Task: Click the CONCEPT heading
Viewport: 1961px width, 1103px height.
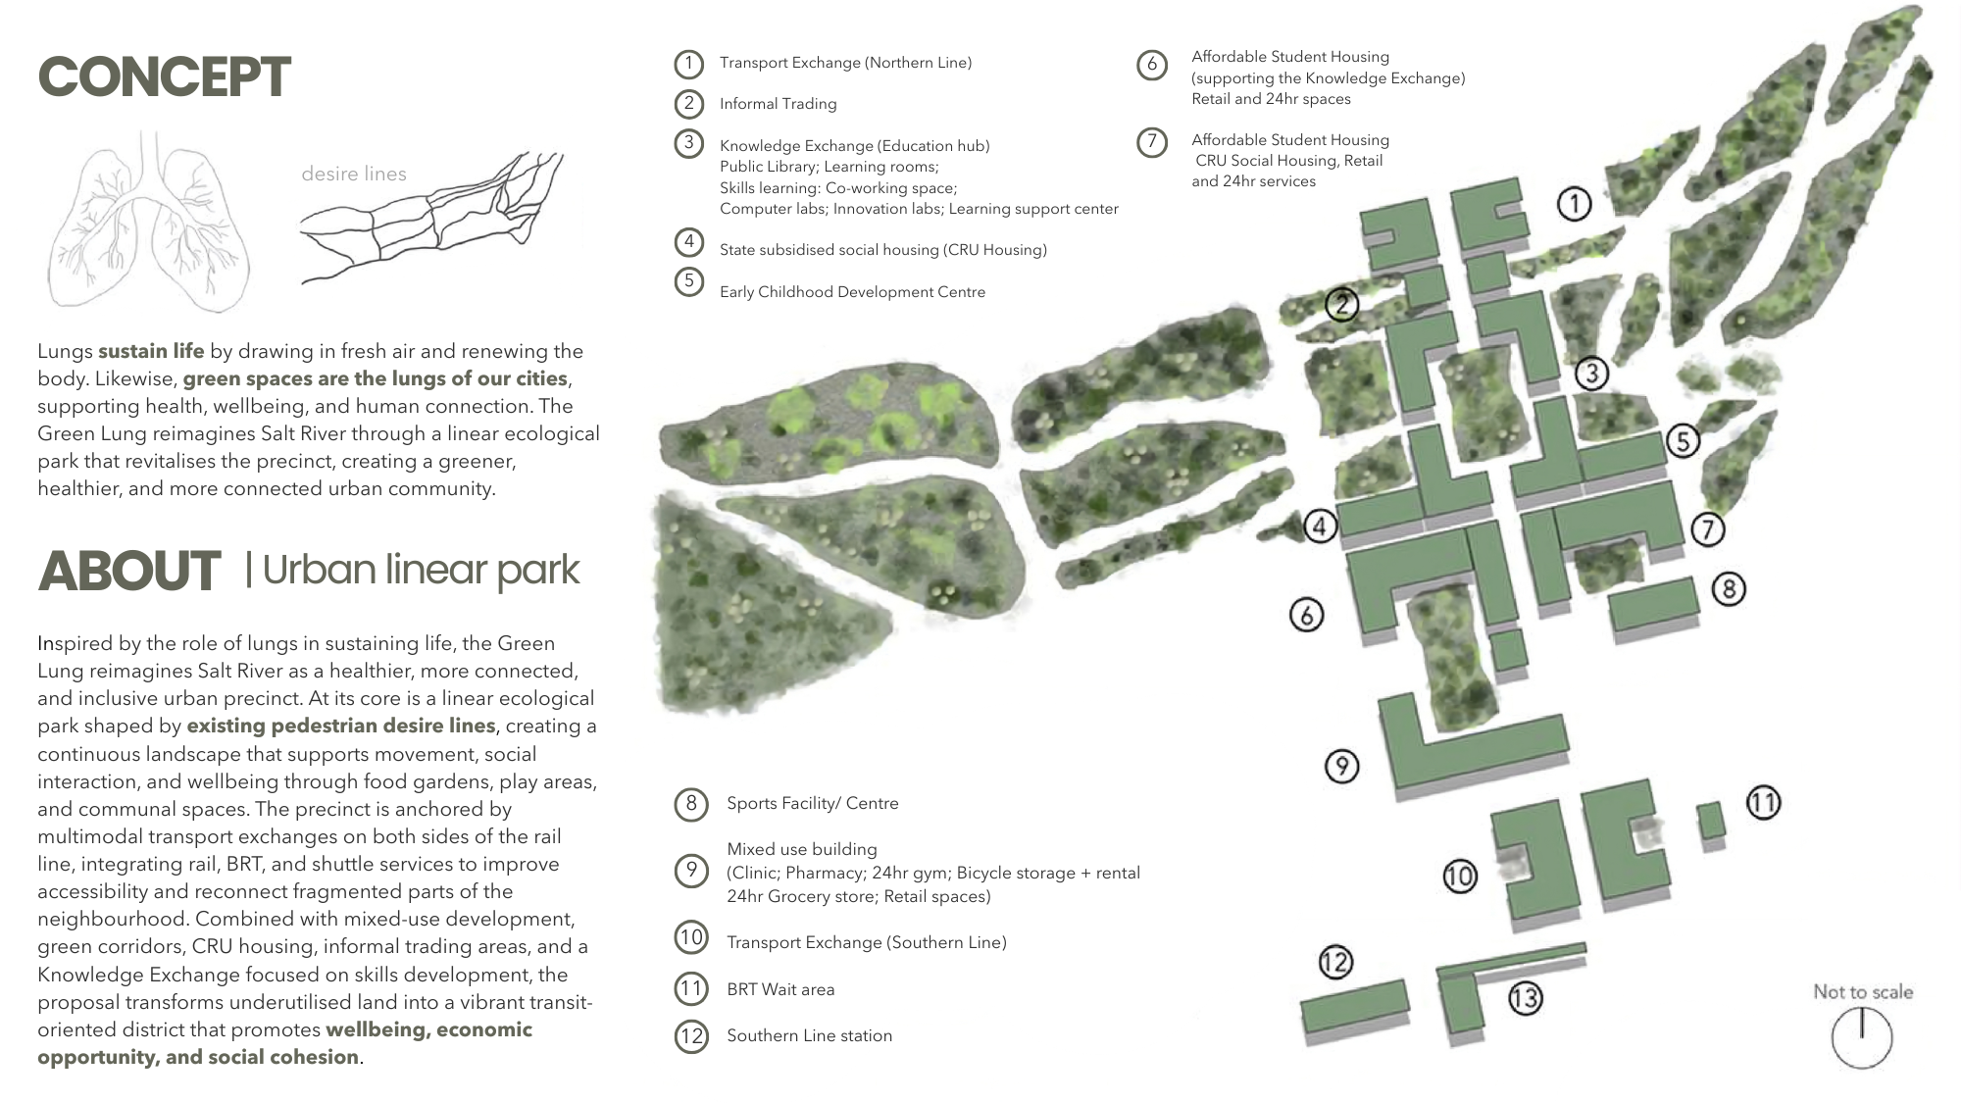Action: (164, 77)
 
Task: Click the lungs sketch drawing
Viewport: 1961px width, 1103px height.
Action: (149, 224)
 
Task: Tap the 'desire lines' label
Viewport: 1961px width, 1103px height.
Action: (354, 174)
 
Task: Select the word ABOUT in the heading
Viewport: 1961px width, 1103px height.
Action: (129, 572)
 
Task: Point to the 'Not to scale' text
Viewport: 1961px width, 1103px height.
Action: (1863, 991)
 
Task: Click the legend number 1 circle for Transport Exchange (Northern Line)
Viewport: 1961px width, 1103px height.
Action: (689, 64)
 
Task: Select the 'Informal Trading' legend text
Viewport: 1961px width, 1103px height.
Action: (779, 104)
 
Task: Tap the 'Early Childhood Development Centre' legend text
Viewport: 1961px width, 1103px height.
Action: (852, 292)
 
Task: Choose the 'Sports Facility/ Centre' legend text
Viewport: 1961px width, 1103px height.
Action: (813, 803)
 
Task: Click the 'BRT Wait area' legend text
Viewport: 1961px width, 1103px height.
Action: (780, 989)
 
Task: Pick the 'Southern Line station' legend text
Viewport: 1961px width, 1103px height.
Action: (810, 1035)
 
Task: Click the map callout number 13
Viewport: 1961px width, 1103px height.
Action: (1525, 998)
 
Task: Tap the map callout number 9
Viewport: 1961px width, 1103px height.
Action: (1341, 765)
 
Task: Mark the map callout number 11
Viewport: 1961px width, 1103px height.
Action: (1763, 803)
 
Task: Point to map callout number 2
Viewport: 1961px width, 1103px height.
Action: (1342, 305)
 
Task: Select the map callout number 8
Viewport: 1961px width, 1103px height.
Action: (1729, 588)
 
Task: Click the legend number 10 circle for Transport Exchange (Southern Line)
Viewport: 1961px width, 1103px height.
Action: (691, 937)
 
